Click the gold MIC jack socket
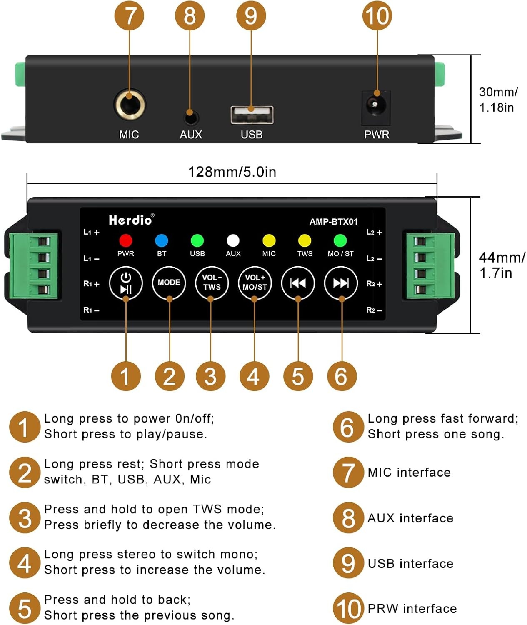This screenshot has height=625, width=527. pos(129,105)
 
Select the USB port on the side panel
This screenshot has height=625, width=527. pos(252,115)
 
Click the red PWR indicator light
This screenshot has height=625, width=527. pos(126,240)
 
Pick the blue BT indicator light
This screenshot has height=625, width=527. pos(162,240)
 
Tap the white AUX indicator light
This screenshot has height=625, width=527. pos(233,240)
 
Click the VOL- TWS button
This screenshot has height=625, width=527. pos(212,282)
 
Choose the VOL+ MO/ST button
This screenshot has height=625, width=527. pos(255,282)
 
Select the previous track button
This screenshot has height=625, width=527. pos(298,282)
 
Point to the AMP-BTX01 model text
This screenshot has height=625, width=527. pos(333,222)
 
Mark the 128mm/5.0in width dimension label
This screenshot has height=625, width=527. pos(232,172)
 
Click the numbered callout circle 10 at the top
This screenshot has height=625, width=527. pos(377,16)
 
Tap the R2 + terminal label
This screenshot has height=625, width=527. pos(374,284)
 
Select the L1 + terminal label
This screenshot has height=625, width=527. pos(91,232)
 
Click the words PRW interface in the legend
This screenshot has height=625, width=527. pos(412,608)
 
